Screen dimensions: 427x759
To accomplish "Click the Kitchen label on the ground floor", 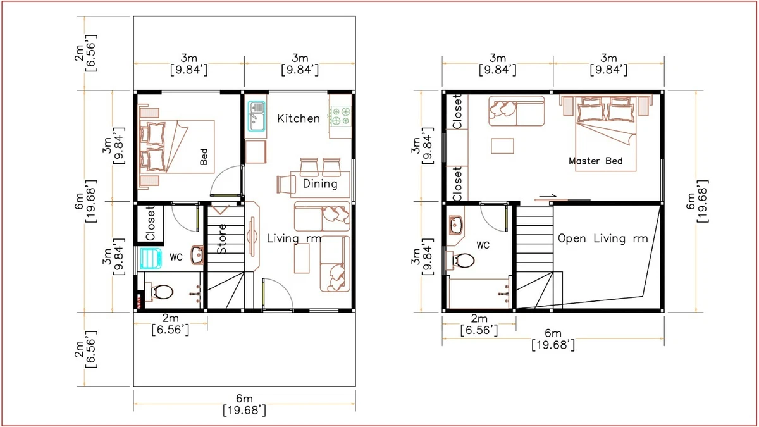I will point(299,119).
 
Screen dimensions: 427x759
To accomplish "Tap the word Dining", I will point(320,184).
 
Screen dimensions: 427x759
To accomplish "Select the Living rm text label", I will point(293,238).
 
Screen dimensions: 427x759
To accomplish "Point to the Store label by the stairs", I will point(222,238).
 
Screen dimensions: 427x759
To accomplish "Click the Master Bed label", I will point(595,161).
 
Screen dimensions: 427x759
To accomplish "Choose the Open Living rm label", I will point(603,238).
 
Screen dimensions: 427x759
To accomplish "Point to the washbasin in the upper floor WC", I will point(456,225).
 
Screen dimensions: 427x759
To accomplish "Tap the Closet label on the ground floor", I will point(151,223).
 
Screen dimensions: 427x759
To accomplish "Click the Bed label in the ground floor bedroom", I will point(204,158).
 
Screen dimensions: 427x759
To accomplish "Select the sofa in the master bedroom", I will point(516,111).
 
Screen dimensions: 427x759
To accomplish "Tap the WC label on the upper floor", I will point(483,245).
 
